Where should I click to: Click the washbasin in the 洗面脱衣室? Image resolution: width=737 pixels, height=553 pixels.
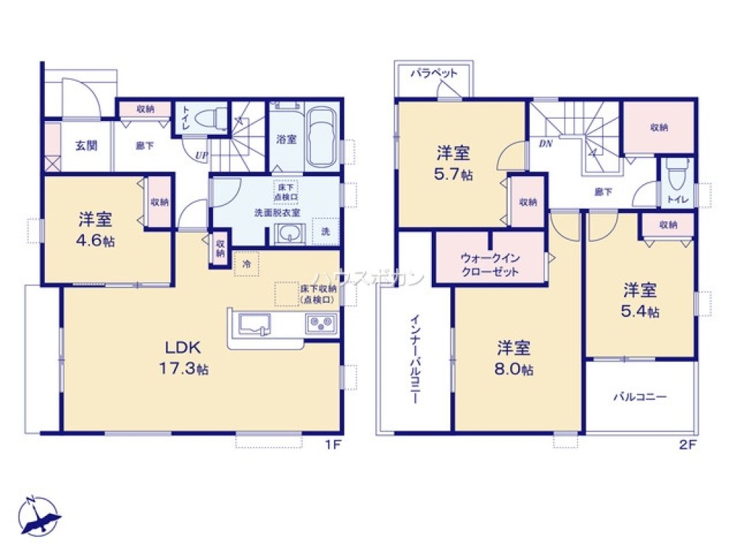click(x=290, y=234)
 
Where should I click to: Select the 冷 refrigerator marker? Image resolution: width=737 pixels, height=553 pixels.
click(x=246, y=263)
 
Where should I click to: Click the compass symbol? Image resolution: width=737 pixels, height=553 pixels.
click(x=38, y=514)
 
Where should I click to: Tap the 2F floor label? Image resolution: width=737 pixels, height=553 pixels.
click(x=687, y=445)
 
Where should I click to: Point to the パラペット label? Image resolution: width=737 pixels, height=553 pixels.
click(x=434, y=74)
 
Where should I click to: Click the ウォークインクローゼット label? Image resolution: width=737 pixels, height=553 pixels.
click(x=489, y=265)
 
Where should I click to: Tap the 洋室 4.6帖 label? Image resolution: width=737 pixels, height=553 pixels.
click(x=96, y=229)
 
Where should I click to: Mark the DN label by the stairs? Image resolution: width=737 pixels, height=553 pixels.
click(x=545, y=144)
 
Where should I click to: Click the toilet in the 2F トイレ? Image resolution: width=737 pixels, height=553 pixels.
click(x=674, y=177)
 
